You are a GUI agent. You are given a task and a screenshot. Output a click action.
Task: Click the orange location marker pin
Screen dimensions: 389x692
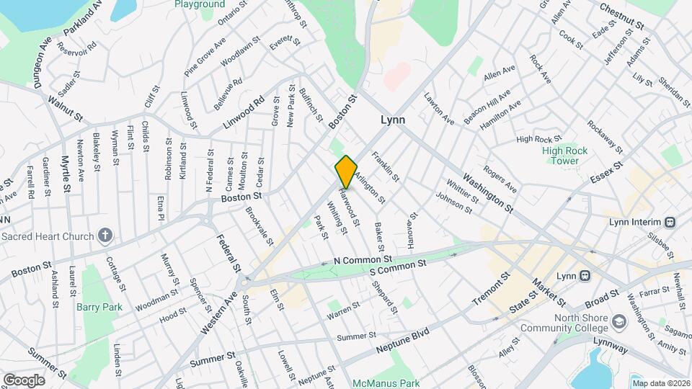(346, 171)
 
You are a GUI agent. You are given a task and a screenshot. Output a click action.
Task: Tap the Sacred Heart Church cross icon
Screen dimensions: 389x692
(105, 236)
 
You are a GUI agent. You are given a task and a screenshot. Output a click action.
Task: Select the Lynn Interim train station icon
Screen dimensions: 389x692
(670, 222)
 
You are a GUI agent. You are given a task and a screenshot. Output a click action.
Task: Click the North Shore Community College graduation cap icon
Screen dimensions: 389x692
(618, 320)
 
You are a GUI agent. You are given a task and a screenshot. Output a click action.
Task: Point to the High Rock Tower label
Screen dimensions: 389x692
(565, 156)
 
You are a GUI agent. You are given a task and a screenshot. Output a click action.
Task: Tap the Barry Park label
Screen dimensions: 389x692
(99, 307)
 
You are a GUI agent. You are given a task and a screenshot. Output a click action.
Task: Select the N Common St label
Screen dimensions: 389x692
(363, 259)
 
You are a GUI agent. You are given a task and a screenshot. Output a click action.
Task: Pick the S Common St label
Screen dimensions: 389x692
(399, 267)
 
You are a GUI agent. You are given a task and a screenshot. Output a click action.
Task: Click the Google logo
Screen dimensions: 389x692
(24, 380)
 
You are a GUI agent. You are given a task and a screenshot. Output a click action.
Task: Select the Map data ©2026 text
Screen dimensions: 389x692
(660, 383)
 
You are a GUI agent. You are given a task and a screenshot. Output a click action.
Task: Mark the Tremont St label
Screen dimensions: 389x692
(491, 288)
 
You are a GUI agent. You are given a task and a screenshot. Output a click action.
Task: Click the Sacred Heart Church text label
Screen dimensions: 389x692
(48, 236)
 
